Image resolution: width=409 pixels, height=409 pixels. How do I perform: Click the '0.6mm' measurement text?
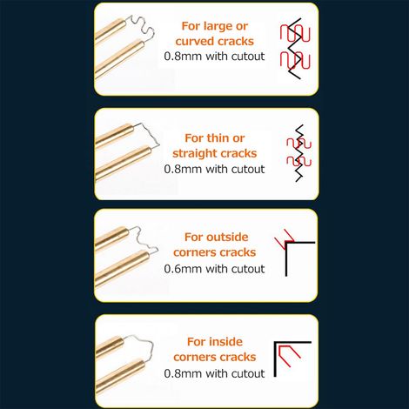(x=183, y=269)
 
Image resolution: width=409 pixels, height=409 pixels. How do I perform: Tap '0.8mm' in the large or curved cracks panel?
(x=183, y=56)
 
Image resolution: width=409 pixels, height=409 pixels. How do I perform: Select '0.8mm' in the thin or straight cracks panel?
(x=183, y=169)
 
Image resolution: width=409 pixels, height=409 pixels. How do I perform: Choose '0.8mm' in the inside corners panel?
(x=183, y=373)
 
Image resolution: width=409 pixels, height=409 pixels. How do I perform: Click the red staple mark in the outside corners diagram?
(x=285, y=239)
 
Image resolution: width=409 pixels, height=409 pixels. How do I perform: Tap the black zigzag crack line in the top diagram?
(x=294, y=49)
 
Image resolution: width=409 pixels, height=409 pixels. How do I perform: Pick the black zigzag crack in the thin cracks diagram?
(x=299, y=153)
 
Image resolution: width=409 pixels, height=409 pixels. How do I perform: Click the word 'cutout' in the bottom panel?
(x=248, y=373)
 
